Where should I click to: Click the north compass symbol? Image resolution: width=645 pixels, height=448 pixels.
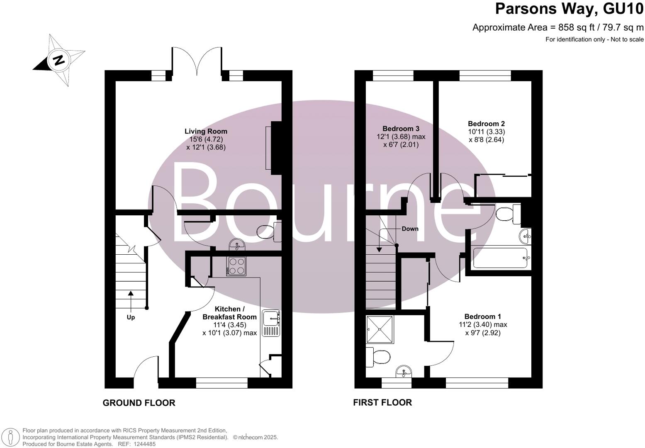tap(59, 61)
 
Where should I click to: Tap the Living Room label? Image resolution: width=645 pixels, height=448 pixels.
tap(206, 131)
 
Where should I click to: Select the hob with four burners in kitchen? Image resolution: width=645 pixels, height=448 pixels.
tap(236, 266)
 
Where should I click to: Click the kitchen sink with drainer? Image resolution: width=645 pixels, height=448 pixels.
tap(272, 323)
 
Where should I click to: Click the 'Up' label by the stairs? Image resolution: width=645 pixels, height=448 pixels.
tap(131, 317)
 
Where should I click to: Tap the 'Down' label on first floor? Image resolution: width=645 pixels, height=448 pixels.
tap(410, 229)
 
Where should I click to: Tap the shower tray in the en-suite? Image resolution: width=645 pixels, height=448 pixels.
tap(379, 329)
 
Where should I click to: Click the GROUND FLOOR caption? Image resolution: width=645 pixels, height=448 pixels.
tap(139, 403)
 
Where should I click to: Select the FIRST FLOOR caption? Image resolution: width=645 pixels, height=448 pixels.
tap(382, 402)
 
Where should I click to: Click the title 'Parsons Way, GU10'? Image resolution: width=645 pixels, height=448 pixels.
tap(569, 9)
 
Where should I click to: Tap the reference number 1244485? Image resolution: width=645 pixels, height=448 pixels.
tap(143, 444)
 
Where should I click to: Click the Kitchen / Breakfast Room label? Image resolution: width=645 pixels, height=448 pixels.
tap(229, 313)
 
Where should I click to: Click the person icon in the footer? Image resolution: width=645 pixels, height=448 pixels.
tap(13, 438)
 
